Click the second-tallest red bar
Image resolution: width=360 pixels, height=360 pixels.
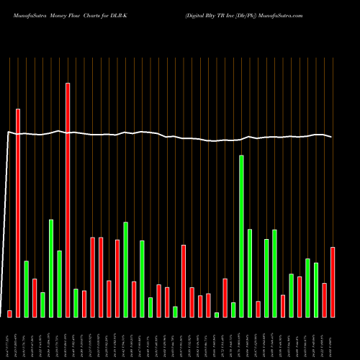pos(18,212)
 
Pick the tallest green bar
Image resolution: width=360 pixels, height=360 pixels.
pos(241,235)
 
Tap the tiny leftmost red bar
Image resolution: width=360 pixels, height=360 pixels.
pos(10,313)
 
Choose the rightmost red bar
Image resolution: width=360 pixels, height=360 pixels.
pos(333,282)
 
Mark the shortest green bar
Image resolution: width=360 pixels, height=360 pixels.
pos(217,315)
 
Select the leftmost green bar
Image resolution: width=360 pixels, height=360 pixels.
pos(27,289)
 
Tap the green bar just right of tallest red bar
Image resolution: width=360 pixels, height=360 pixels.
pos(76,302)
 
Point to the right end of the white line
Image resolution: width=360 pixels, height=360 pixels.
pos(332,137)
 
